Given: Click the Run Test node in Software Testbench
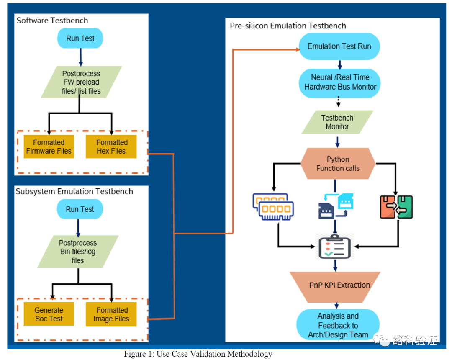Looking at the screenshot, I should pyautogui.click(x=80, y=39).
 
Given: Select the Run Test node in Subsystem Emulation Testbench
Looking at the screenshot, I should pyautogui.click(x=80, y=209).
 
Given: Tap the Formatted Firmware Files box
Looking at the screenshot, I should pyautogui.click(x=49, y=147).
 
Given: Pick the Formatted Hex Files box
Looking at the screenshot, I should pyautogui.click(x=111, y=147).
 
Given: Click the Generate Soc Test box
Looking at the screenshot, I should pyautogui.click(x=49, y=314).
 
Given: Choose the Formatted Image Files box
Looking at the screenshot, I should pyautogui.click(x=111, y=314).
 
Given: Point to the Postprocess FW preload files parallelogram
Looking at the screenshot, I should pyautogui.click(x=81, y=82).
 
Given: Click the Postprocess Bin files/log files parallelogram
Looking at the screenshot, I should pyautogui.click(x=78, y=252).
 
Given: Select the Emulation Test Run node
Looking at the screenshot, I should pyautogui.click(x=339, y=46).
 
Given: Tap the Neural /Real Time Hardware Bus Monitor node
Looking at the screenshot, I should pyautogui.click(x=340, y=82).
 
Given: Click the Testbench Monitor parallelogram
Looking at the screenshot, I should pyautogui.click(x=337, y=122).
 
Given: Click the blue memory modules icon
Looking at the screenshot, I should pyautogui.click(x=273, y=206).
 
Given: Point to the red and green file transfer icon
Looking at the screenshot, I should pyautogui.click(x=396, y=207).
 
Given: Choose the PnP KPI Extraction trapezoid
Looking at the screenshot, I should pyautogui.click(x=335, y=285).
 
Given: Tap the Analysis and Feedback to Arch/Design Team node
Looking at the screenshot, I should pyautogui.click(x=338, y=325).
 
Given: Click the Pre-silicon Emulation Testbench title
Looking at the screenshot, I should pyautogui.click(x=288, y=26).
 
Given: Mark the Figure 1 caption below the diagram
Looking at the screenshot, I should pyautogui.click(x=198, y=354).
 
